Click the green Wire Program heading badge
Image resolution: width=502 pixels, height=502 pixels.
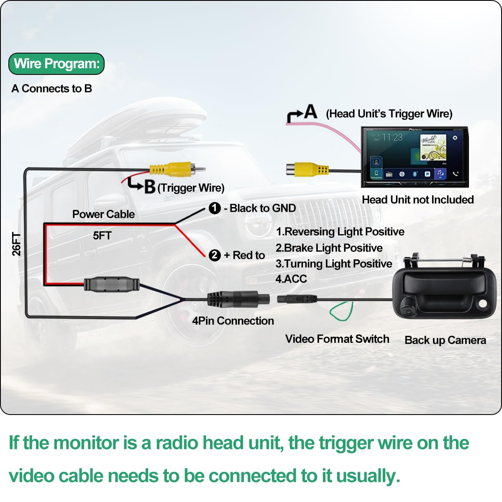tap(56, 64)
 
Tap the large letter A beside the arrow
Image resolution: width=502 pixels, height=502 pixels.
tap(310, 112)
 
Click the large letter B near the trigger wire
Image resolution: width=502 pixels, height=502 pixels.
tap(149, 187)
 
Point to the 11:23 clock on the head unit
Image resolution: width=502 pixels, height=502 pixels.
tap(392, 137)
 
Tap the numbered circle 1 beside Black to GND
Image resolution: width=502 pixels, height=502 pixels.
tap(215, 208)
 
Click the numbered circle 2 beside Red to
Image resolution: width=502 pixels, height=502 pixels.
tap(215, 255)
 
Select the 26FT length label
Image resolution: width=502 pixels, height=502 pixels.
tap(16, 244)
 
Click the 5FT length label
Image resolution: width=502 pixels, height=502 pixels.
tap(102, 236)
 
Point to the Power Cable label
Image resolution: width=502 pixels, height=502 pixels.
tap(103, 214)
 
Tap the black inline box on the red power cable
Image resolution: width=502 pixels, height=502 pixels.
tap(112, 284)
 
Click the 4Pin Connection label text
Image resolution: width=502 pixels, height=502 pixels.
tap(233, 321)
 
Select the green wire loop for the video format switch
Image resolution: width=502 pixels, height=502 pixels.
tap(341, 312)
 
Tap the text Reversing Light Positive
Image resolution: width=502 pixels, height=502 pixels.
tap(344, 232)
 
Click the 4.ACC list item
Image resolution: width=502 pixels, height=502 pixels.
tap(291, 279)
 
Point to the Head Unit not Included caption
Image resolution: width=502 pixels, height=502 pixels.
tap(417, 200)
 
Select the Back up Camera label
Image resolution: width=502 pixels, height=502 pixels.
tap(445, 340)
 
